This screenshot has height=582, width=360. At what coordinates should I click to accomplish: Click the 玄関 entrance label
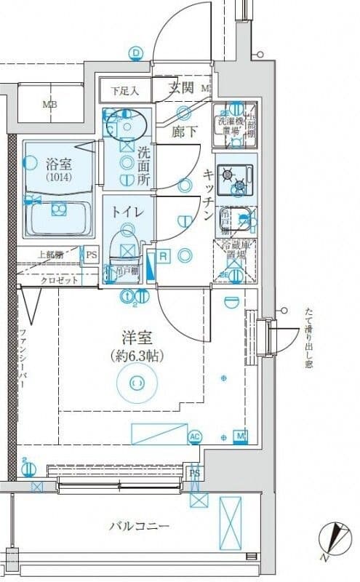[182, 89]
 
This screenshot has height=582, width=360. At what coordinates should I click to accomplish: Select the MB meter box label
[49, 103]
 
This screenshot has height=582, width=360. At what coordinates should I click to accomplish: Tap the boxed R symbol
[164, 255]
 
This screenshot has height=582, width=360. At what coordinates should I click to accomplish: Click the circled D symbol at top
[136, 52]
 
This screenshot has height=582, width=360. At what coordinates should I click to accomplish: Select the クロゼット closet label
[55, 279]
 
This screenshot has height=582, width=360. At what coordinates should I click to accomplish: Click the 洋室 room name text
[135, 338]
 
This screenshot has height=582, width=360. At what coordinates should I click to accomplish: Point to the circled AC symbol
[194, 436]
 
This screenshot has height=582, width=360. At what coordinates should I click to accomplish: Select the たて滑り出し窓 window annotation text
[308, 338]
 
